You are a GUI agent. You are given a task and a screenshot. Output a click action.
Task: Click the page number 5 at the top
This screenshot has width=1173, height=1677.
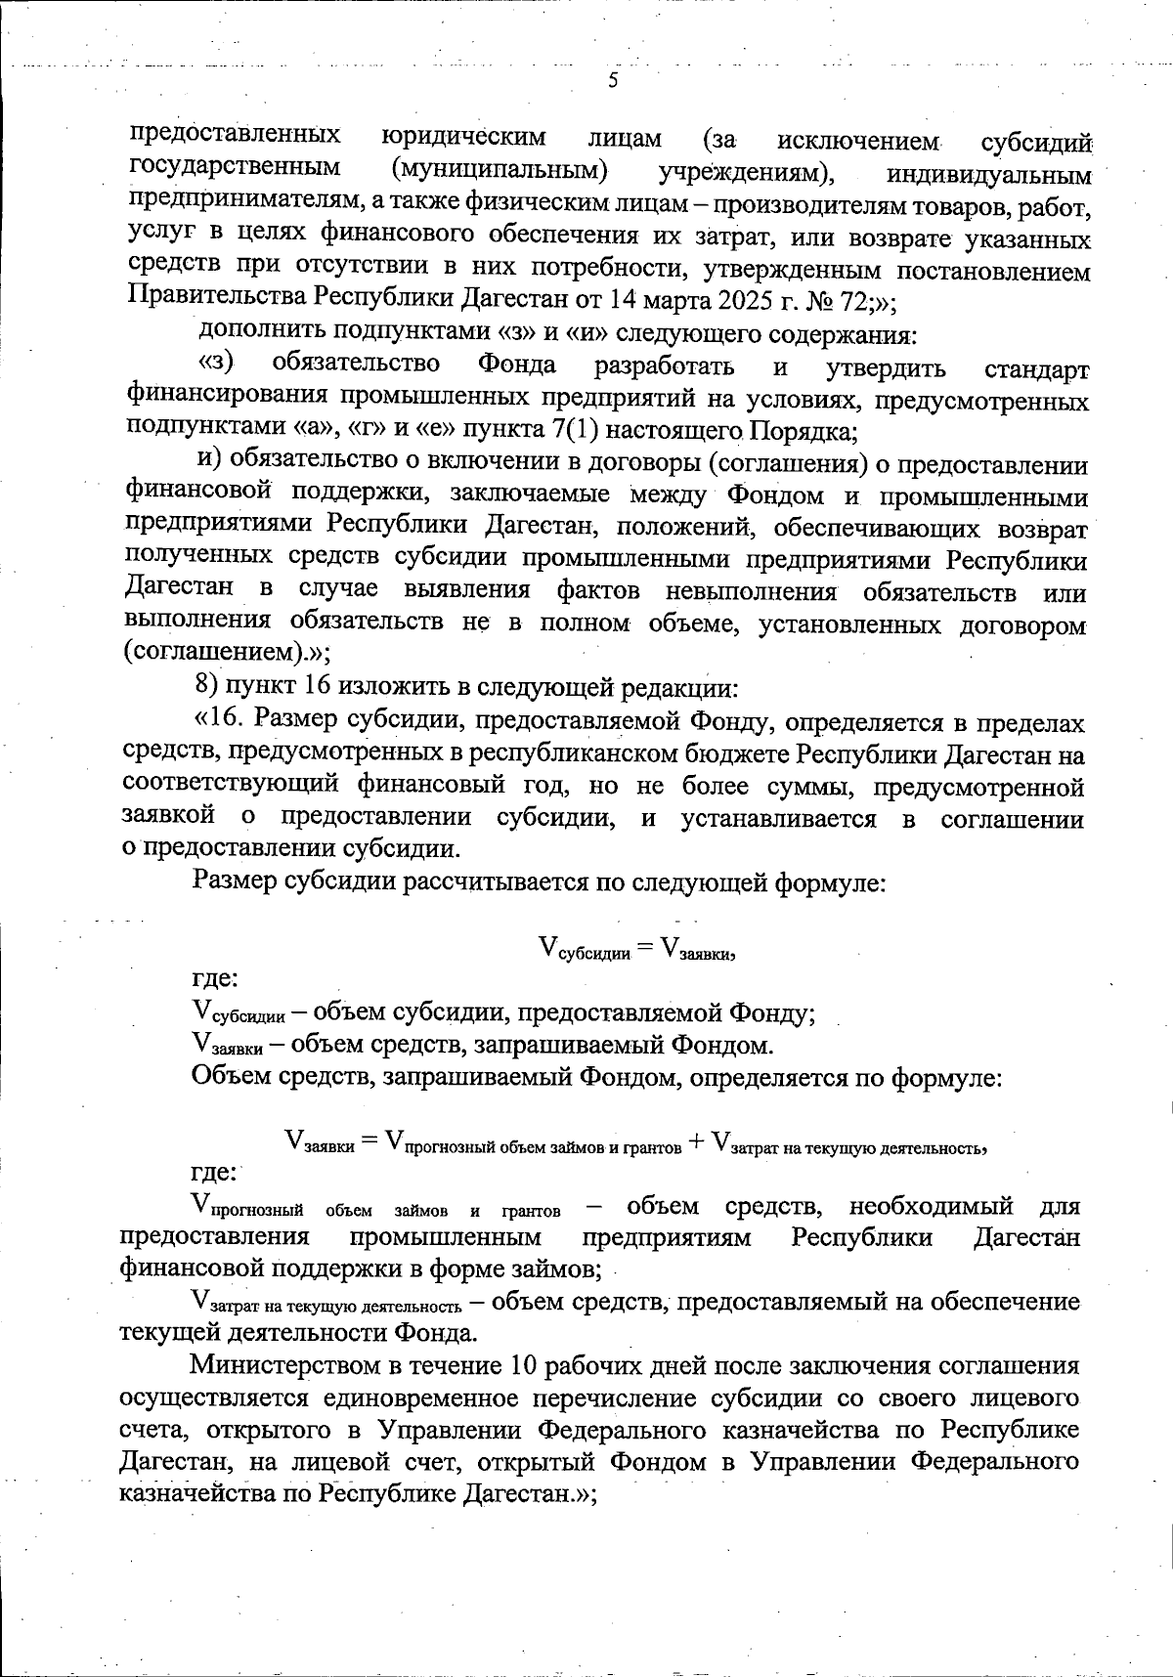[613, 81]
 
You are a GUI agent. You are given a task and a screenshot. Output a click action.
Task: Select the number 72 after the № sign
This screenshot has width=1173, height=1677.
[847, 299]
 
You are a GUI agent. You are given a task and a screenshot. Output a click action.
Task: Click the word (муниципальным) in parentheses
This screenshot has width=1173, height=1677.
[500, 169]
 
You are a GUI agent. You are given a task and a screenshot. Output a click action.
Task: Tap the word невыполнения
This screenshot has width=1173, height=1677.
[751, 591]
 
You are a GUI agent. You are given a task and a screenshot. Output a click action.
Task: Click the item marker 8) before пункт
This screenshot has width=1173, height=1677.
[207, 688]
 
